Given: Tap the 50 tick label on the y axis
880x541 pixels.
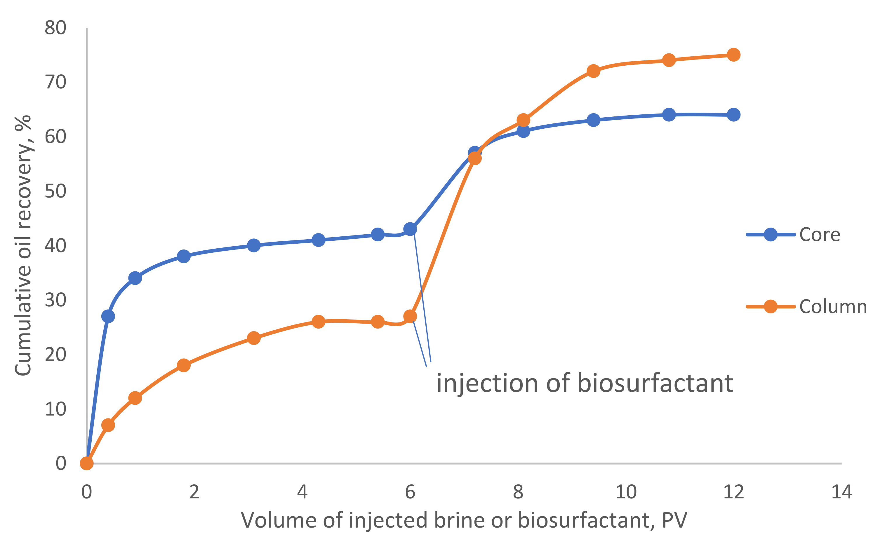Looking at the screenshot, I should (55, 191).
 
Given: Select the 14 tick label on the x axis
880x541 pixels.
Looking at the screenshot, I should (841, 492).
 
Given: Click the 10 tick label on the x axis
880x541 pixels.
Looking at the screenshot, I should (626, 492).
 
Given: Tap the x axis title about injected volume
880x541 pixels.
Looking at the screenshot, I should (464, 520).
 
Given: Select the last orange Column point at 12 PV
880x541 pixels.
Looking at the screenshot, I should (733, 55).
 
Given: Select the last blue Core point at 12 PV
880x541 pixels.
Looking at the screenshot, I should (733, 115).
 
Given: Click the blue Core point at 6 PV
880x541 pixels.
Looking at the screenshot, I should (410, 229).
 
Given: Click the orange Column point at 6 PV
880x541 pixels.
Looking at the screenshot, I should (410, 316).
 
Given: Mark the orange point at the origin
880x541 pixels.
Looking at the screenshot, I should (87, 463).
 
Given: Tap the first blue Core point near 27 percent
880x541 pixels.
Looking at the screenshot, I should (108, 316).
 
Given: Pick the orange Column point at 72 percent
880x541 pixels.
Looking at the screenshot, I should (593, 71).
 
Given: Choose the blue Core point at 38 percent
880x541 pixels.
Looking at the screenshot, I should (184, 256).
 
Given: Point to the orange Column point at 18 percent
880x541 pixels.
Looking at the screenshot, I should (184, 365).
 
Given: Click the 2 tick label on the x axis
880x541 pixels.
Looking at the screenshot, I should (194, 492).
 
